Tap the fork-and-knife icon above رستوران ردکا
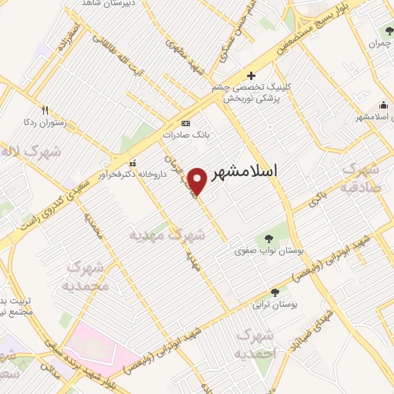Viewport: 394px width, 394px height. point(45,109)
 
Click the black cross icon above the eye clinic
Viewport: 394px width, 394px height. point(251,75)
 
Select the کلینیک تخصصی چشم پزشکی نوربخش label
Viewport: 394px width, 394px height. point(250,93)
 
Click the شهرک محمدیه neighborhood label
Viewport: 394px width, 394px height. point(88,276)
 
